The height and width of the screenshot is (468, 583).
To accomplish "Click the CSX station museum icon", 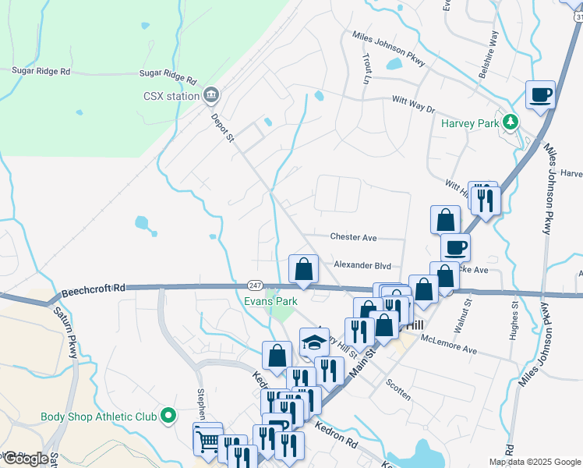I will (x=210, y=96).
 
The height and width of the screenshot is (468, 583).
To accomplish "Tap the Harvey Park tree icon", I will (x=511, y=122).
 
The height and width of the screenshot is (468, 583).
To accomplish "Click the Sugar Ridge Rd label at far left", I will (x=41, y=70).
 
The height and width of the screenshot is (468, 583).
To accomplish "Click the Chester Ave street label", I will (x=353, y=237).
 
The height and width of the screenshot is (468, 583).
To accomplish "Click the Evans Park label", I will (x=270, y=300).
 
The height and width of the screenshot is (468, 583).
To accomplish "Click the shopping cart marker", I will (x=208, y=440).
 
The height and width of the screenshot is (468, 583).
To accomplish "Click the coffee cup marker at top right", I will (x=540, y=95).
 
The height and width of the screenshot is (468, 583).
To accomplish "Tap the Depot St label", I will (x=222, y=128).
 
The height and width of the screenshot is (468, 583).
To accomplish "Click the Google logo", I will (x=26, y=459).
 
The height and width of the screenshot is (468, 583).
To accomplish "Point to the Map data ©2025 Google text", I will (x=534, y=462).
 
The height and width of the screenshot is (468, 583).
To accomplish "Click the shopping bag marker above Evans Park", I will (x=303, y=269).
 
